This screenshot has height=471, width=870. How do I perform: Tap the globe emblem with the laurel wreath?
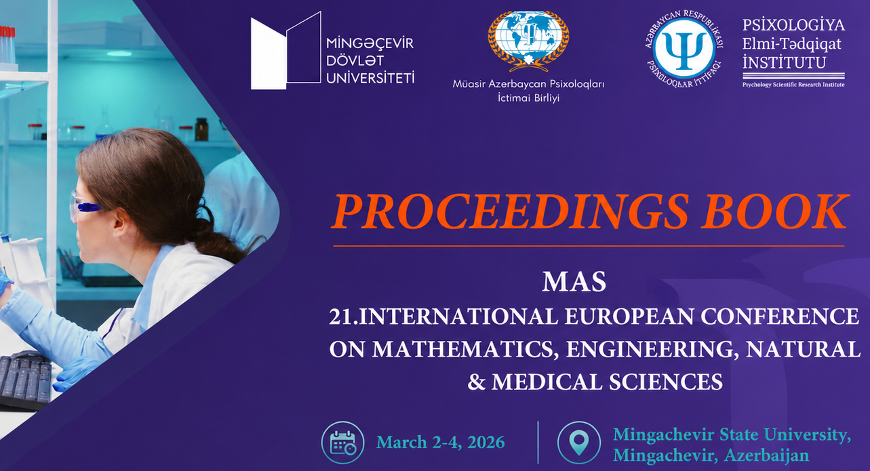(x=528, y=41)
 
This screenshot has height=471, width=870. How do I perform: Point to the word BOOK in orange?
(x=775, y=212)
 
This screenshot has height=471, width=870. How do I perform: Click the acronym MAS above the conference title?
(x=574, y=282)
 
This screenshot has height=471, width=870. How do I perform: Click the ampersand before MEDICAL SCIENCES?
(x=477, y=382)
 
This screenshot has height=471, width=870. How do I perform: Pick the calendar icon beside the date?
(x=342, y=443)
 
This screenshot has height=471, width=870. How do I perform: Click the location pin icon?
(x=578, y=443)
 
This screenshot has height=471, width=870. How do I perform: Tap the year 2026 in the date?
(x=486, y=443)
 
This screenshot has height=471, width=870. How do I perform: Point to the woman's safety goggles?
(x=85, y=206)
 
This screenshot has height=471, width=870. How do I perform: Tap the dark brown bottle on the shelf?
(x=201, y=129)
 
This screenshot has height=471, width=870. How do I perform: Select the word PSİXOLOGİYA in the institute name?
(x=793, y=25)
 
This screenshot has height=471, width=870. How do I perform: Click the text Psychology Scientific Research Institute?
(x=793, y=85)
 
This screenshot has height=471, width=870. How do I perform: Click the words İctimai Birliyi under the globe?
(x=529, y=98)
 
